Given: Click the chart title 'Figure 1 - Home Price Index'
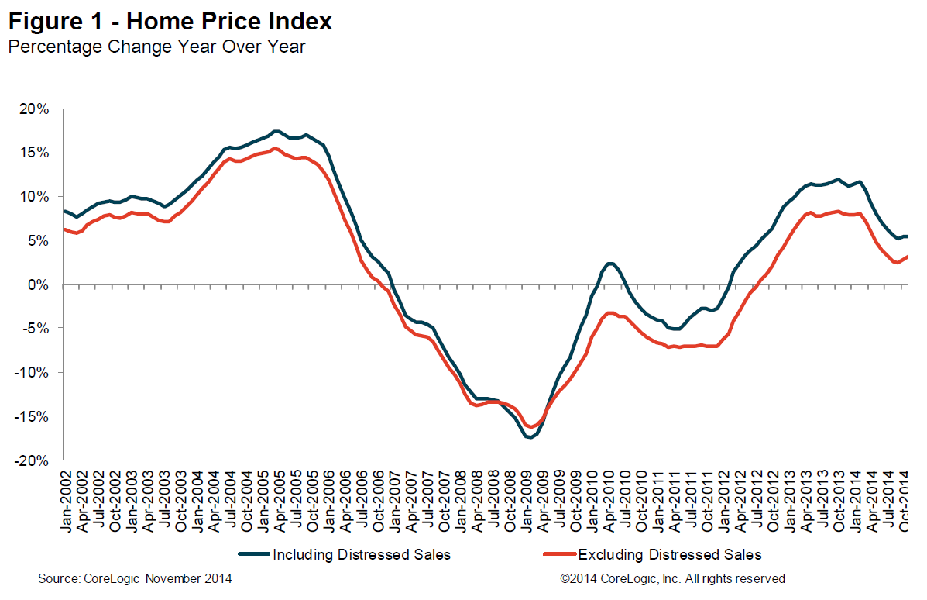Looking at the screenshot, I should click(170, 21).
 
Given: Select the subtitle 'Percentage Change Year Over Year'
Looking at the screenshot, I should click(156, 47).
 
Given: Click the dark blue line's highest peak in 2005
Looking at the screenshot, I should click(276, 131).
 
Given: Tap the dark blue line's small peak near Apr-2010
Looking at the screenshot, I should click(610, 264).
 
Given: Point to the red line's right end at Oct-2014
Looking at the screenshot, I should click(908, 257).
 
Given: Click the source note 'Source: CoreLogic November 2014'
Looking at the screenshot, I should click(135, 579).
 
